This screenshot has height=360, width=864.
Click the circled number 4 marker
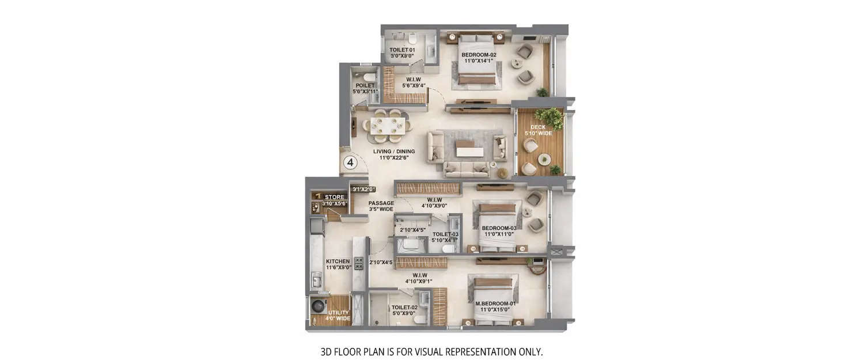(350, 163)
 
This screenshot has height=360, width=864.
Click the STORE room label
(335, 197)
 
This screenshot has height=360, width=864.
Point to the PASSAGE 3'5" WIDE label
(381, 206)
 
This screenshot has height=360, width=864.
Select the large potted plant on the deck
(553, 117)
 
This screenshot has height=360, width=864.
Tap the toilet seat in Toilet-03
(447, 248)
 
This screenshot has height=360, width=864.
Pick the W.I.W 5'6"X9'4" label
(416, 83)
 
